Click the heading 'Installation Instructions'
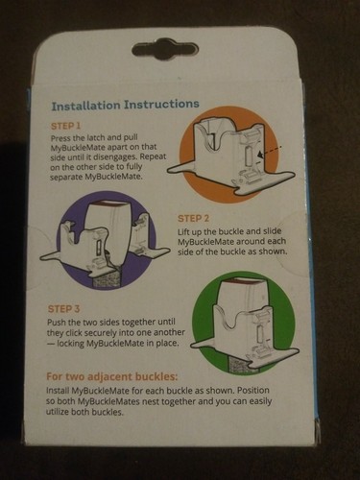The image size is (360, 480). (x=125, y=103)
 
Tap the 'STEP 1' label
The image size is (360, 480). (x=66, y=126)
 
